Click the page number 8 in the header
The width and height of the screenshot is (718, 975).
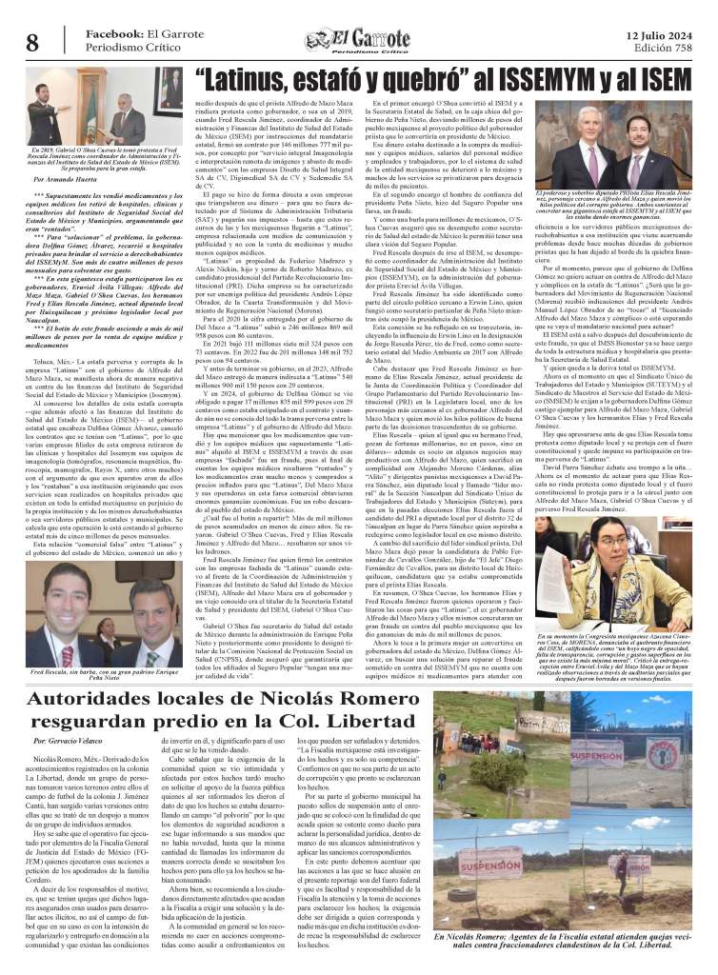click(x=32, y=42)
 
